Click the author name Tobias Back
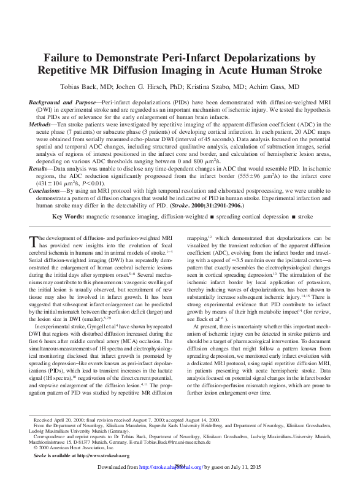pos(94,87)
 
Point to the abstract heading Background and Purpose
pos(63,100)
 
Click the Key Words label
pos(67,217)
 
